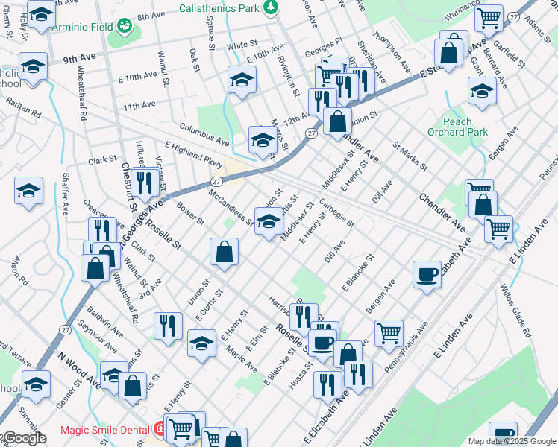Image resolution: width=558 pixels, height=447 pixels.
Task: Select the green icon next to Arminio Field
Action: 125,28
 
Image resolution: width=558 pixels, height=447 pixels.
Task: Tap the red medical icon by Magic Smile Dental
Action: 159,429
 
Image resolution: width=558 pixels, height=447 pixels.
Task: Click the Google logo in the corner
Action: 24,438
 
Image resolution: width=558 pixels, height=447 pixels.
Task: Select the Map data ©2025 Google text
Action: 511,441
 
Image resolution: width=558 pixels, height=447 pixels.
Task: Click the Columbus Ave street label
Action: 204,134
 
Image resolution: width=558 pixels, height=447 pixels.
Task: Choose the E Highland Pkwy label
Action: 194,156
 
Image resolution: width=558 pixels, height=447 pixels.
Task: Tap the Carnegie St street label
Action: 336,212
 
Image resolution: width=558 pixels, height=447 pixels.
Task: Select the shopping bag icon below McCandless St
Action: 224,253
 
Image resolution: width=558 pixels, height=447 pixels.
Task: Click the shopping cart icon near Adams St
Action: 489,17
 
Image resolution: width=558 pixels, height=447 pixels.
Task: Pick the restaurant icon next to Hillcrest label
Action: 145,182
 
